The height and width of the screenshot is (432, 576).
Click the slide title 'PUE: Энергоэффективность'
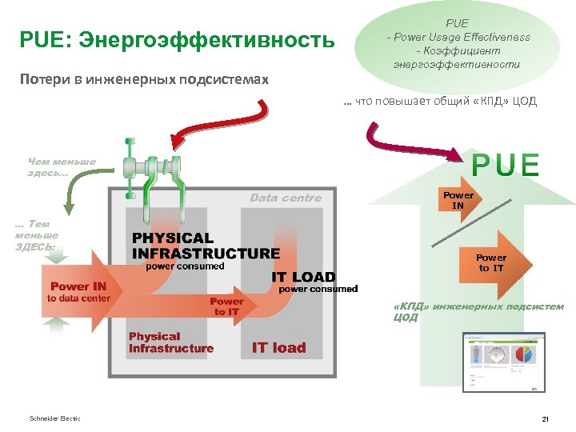[x=178, y=39]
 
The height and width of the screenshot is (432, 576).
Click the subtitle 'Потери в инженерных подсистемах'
[x=145, y=80]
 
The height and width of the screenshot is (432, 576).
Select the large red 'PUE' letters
[x=506, y=165]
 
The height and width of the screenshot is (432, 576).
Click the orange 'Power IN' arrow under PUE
[x=458, y=200]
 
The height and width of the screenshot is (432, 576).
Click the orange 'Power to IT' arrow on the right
[x=490, y=263]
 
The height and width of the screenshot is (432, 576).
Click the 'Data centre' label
[x=286, y=198]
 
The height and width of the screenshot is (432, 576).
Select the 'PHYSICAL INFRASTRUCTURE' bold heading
[x=206, y=246]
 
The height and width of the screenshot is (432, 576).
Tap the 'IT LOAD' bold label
[x=303, y=278]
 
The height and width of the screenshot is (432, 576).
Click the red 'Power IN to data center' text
[x=78, y=292]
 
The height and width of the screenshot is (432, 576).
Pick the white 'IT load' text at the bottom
[x=278, y=347]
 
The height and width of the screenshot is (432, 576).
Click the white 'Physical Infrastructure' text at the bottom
[x=171, y=342]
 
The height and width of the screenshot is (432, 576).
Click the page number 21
[x=544, y=419]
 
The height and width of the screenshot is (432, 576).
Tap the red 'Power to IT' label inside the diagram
[x=226, y=306]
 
